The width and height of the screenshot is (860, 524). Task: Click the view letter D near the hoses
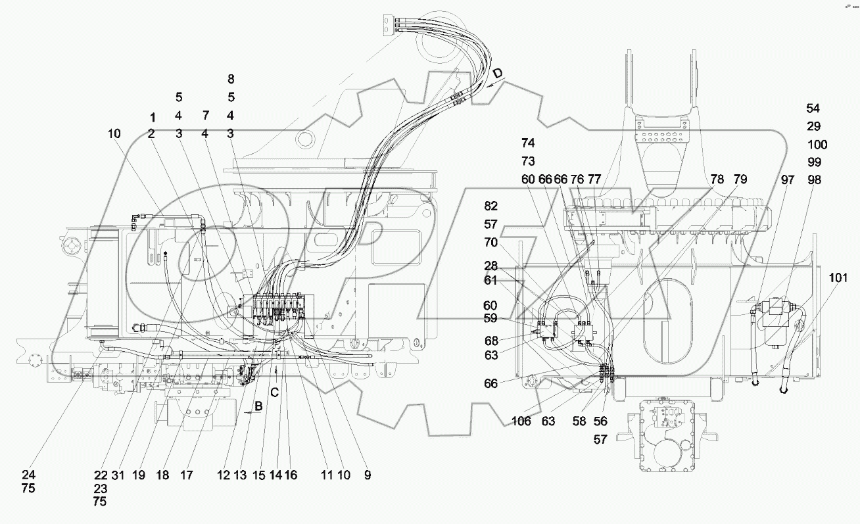[498, 74]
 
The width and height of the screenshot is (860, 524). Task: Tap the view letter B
[259, 406]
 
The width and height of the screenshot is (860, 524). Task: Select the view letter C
[275, 393]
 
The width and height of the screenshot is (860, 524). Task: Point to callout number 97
[788, 179]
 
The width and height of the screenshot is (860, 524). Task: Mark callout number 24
[28, 475]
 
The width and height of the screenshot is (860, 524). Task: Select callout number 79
[740, 179]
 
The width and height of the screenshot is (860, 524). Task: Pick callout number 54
[813, 108]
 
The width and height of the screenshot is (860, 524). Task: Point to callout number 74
[528, 143]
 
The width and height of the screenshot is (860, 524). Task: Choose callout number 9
[367, 475]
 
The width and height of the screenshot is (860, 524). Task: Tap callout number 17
[187, 475]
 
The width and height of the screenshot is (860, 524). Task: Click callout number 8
[231, 79]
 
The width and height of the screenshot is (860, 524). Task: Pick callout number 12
[225, 475]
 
